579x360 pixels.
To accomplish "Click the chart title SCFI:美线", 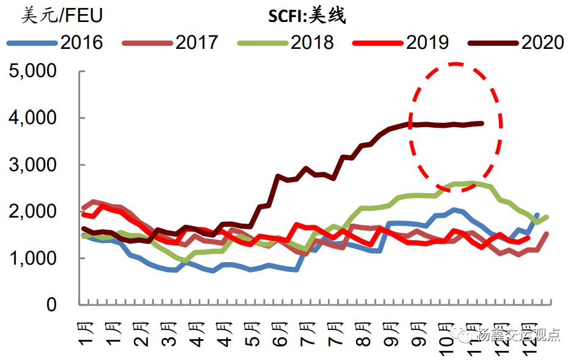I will pos(307,15).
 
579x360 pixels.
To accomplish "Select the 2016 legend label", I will pos(82,42).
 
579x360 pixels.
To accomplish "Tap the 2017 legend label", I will pos(197,42).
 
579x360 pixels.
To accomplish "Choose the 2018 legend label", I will pos(312,42).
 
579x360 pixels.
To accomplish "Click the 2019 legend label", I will pos(427,42).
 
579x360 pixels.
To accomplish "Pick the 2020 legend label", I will pos(542,42).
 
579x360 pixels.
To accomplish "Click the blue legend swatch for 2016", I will pos(32,43).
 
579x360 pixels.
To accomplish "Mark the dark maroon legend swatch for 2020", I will pos(493,43).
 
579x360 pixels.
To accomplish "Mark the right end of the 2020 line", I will pos(482,123).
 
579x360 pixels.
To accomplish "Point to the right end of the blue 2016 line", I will pos(537,215).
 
